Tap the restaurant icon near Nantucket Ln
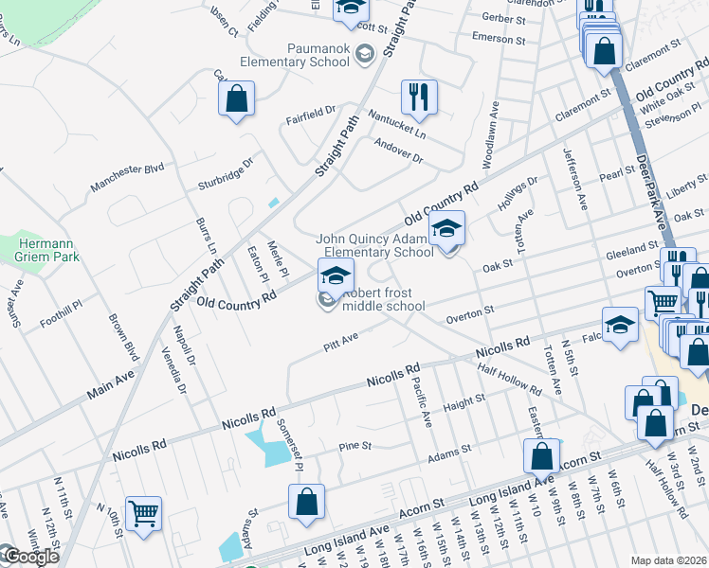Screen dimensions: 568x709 418,97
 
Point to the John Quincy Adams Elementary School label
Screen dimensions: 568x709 375,246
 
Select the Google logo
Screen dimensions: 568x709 31,557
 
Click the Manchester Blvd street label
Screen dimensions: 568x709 128,176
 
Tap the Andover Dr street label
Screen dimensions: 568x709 398,150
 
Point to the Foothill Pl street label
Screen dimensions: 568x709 62,315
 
